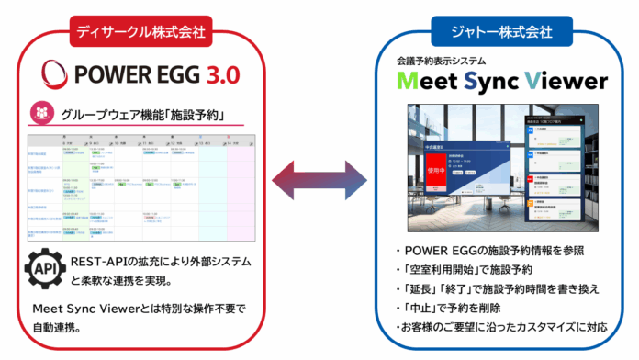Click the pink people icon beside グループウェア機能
pos(42,116)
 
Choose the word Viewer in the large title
pos(566,81)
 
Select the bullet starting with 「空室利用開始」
pos(460,271)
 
